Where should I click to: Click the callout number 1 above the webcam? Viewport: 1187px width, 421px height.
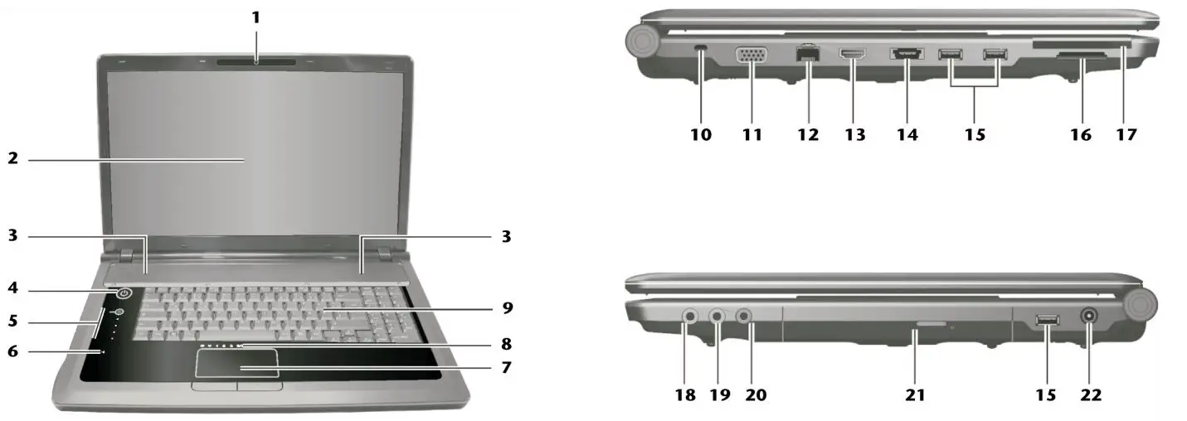pyautogui.click(x=256, y=17)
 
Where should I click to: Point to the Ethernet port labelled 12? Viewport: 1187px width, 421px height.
pyautogui.click(x=805, y=55)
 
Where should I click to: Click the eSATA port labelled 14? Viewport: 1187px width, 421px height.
pyautogui.click(x=907, y=56)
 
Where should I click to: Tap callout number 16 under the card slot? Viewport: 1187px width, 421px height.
pyautogui.click(x=1080, y=133)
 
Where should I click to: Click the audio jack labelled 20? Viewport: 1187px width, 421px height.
pyautogui.click(x=745, y=315)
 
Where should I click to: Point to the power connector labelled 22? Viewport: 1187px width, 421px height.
pyautogui.click(x=1087, y=316)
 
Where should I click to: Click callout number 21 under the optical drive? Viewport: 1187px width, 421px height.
pyautogui.click(x=914, y=395)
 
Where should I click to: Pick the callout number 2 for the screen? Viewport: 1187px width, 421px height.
pyautogui.click(x=12, y=157)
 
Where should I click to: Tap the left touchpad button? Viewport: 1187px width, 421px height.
pyautogui.click(x=213, y=386)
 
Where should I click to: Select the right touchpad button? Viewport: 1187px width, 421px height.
pyautogui.click(x=260, y=386)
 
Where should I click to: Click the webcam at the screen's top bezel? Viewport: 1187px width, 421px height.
pyautogui.click(x=256, y=60)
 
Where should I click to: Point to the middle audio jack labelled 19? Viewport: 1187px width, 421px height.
pyautogui.click(x=718, y=315)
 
